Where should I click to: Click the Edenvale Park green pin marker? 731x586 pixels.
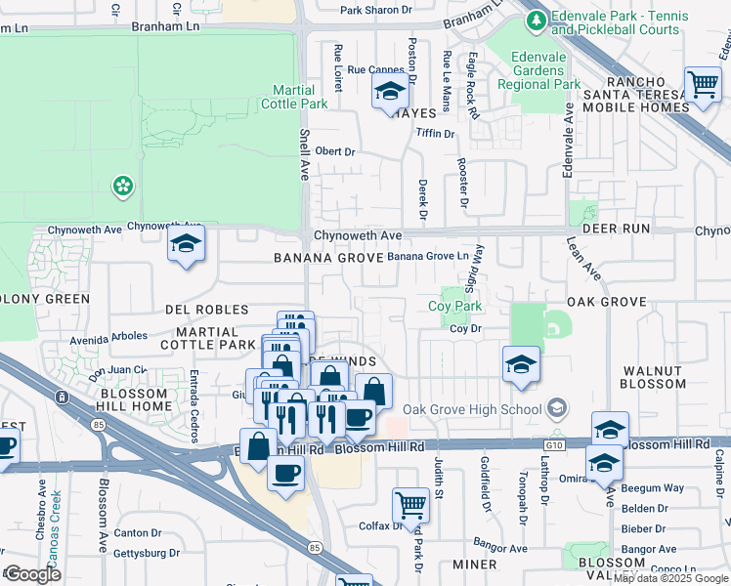[535, 20]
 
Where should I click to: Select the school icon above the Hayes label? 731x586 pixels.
[390, 93]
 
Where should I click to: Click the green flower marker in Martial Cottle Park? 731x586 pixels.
[122, 186]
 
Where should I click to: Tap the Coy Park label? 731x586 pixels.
[455, 307]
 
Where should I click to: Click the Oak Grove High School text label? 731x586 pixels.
[472, 409]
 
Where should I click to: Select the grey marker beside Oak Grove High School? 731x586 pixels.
[557, 406]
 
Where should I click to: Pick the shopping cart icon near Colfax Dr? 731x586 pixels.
[410, 505]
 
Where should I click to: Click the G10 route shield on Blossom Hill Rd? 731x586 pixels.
[556, 444]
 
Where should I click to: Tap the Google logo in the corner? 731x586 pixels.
[32, 574]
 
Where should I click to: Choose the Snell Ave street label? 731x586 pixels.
[303, 152]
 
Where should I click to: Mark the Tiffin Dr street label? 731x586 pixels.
[436, 133]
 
